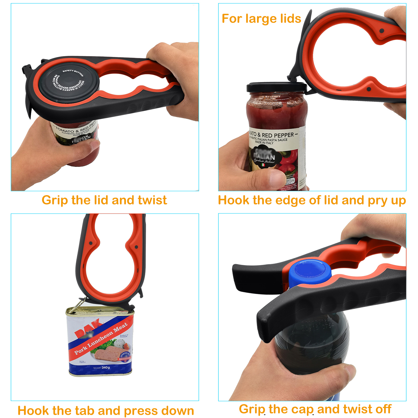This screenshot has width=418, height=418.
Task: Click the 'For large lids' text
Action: [x=261, y=19]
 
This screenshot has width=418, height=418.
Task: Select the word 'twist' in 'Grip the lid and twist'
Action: [x=152, y=200]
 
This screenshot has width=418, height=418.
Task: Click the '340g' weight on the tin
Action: [x=106, y=368]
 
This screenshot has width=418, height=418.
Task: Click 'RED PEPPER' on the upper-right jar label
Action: [x=278, y=135]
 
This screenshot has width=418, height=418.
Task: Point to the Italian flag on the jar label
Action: [x=263, y=165]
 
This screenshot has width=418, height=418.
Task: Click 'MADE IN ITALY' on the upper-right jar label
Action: [x=264, y=143]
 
